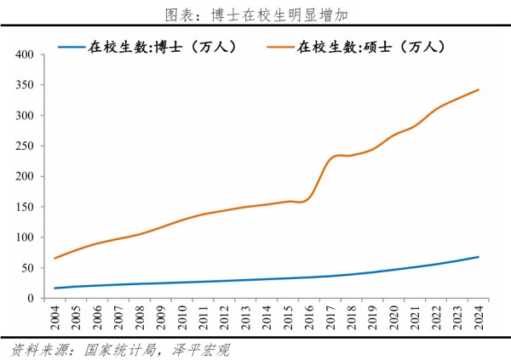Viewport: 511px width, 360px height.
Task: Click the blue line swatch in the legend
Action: coord(72,48)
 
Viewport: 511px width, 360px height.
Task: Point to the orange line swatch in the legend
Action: coord(281,48)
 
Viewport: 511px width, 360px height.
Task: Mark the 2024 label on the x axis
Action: coord(478,320)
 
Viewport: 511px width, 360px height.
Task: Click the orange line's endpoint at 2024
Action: coord(478,89)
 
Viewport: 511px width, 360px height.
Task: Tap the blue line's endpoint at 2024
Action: coord(478,257)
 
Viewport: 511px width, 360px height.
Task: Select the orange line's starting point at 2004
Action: coord(56,258)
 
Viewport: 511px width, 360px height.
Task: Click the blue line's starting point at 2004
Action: coord(56,289)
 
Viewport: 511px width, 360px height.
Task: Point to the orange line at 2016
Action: coord(309,197)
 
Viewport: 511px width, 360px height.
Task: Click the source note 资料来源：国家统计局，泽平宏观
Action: coord(120,349)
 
